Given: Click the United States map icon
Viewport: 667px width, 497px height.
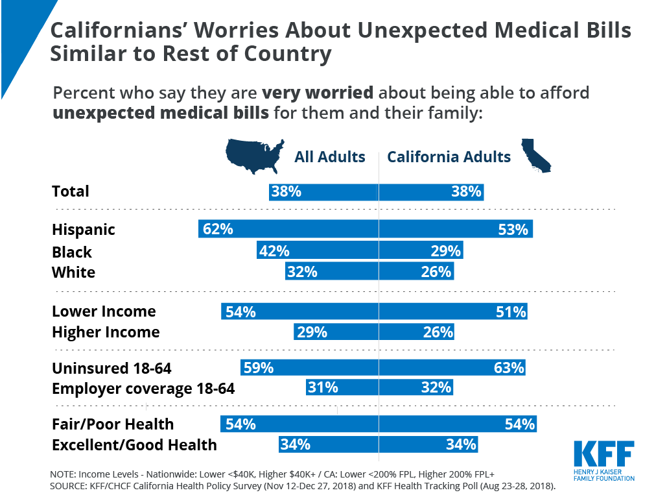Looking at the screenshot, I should (x=255, y=156).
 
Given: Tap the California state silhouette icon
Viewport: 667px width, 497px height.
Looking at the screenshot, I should (x=536, y=156).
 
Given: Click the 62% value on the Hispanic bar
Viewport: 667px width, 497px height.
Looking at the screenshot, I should (x=218, y=229).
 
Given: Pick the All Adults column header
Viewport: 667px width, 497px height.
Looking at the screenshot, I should (x=330, y=157).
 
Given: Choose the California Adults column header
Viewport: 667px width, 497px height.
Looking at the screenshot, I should (x=449, y=157).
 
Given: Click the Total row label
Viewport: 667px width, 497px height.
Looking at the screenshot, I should (x=71, y=191).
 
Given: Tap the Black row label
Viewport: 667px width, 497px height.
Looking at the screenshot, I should (x=72, y=252).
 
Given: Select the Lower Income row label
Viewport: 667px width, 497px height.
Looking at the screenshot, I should (x=104, y=311).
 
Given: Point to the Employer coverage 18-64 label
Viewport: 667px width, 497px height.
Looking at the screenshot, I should (x=143, y=389).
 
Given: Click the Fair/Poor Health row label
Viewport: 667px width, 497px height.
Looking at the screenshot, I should (x=113, y=424).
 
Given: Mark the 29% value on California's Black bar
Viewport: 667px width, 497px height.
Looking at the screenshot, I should (x=446, y=252).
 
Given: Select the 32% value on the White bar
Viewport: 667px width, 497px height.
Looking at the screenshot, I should (x=302, y=273).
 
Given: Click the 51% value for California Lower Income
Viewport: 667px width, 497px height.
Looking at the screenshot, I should (x=510, y=312).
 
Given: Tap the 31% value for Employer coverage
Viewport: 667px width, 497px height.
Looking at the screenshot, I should (x=323, y=388).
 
